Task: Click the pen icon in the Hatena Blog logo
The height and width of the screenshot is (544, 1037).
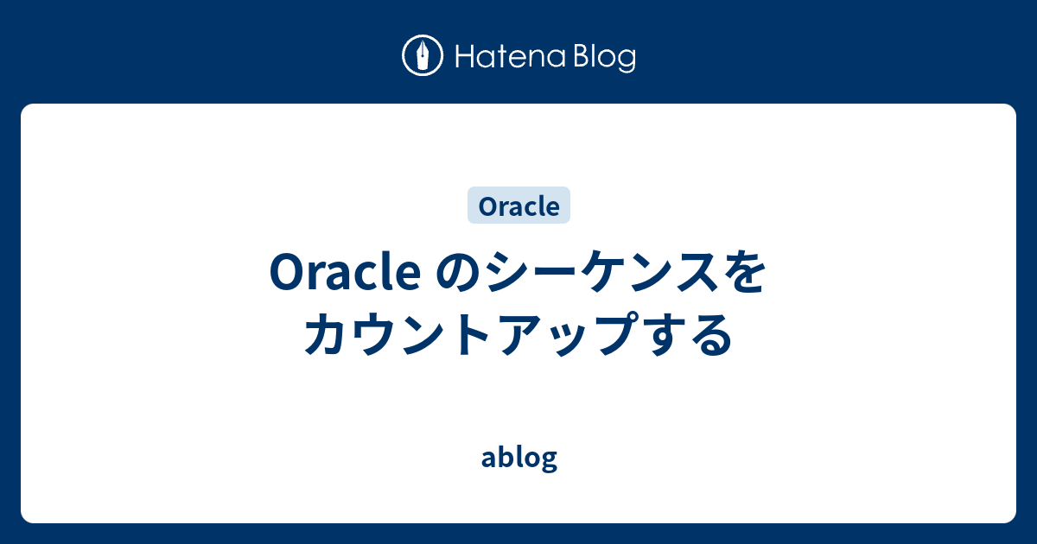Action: click(x=423, y=57)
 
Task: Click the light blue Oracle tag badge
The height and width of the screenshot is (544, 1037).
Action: click(x=518, y=206)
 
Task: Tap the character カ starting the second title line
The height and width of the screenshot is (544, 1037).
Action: click(x=328, y=335)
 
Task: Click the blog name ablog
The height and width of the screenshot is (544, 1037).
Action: click(x=518, y=458)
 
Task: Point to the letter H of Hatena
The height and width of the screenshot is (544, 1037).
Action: click(x=461, y=58)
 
